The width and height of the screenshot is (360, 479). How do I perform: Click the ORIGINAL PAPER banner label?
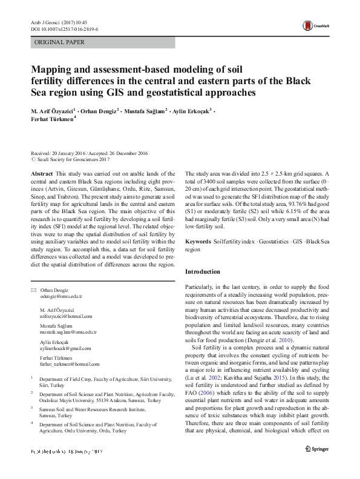tap(59, 42)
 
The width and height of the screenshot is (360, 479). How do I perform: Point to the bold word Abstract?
tap(42, 173)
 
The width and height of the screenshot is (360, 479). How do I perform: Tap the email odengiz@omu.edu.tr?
tap(61, 297)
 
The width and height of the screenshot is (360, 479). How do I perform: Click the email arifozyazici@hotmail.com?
tap(66, 316)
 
